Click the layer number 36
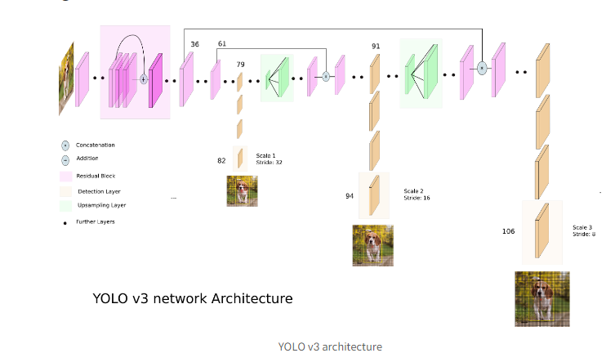pyautogui.click(x=194, y=44)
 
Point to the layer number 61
pyautogui.click(x=222, y=44)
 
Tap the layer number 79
pyautogui.click(x=240, y=64)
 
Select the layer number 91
pyautogui.click(x=376, y=47)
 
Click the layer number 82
pyautogui.click(x=221, y=161)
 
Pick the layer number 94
pyautogui.click(x=350, y=196)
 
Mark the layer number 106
pyautogui.click(x=509, y=231)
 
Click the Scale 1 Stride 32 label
pyautogui.click(x=266, y=159)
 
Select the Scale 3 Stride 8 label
pyautogui.click(x=583, y=230)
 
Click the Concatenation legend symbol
pyautogui.click(x=65, y=145)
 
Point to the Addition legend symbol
pyautogui.click(x=65, y=160)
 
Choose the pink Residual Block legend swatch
pyautogui.click(x=65, y=176)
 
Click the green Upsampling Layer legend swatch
pyautogui.click(x=65, y=205)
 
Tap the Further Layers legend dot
pyautogui.click(x=65, y=221)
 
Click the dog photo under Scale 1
pyautogui.click(x=242, y=191)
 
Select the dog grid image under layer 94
pyautogui.click(x=372, y=245)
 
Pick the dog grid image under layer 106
pyautogui.click(x=542, y=299)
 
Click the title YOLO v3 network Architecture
pyautogui.click(x=193, y=299)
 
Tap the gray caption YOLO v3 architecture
pyautogui.click(x=329, y=346)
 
